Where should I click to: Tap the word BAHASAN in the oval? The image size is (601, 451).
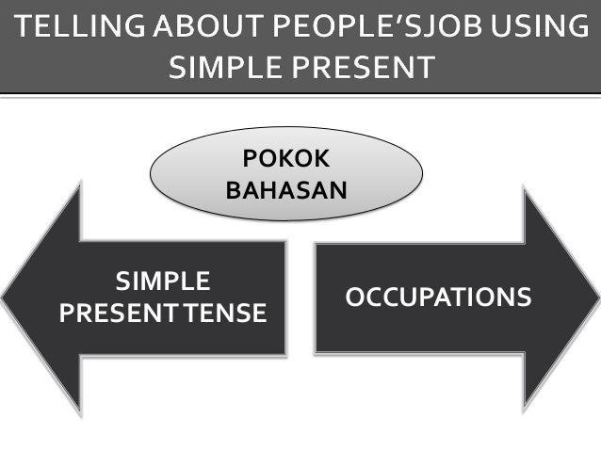tap(287, 190)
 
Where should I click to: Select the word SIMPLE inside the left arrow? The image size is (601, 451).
tap(162, 282)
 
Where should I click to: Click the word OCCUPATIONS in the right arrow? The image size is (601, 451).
tap(438, 298)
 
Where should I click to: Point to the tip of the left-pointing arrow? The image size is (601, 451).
tap(4, 298)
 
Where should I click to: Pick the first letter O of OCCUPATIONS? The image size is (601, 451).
tap(355, 298)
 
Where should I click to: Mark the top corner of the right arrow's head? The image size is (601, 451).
tap(524, 189)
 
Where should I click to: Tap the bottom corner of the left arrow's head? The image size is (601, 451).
tap(81, 414)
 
